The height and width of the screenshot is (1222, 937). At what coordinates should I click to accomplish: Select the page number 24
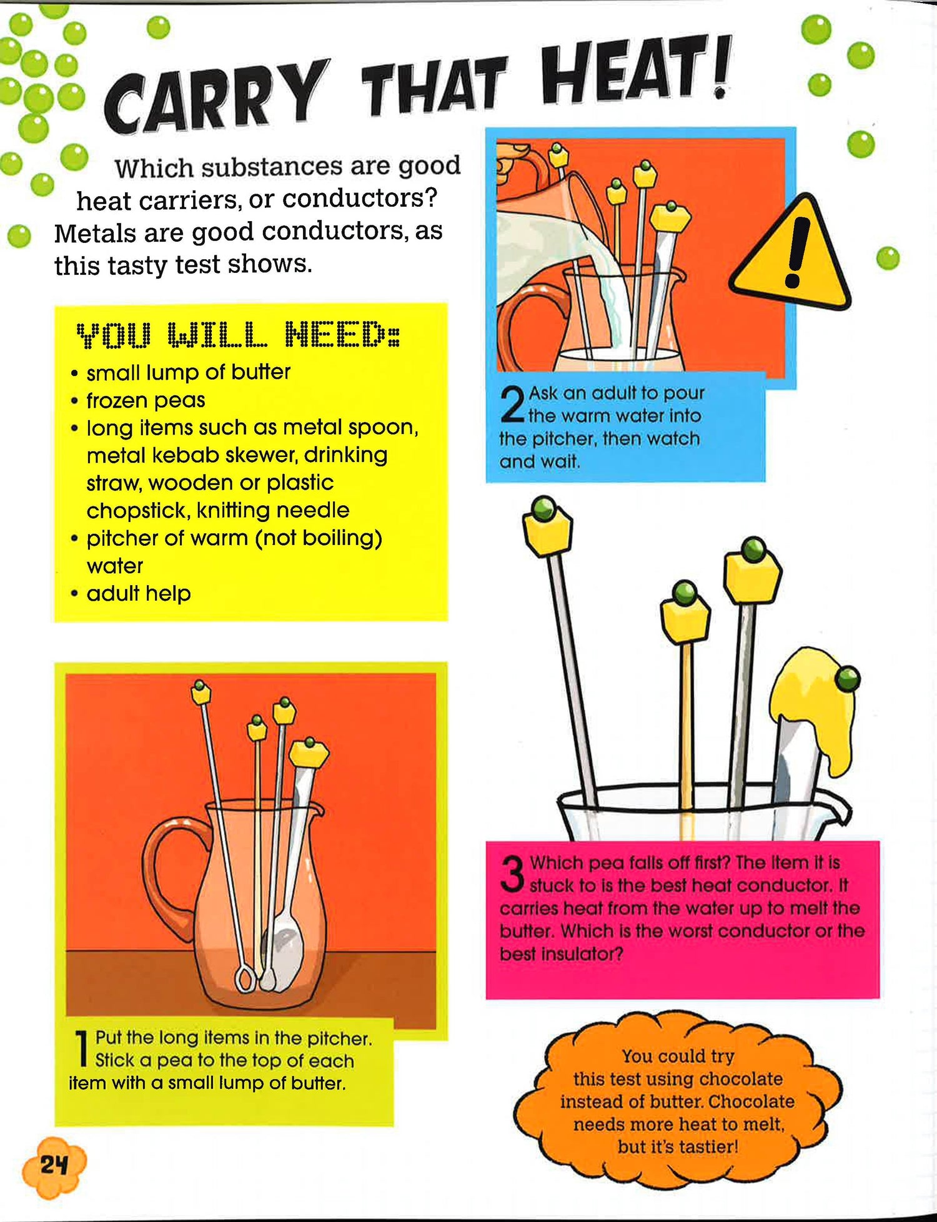(x=54, y=1165)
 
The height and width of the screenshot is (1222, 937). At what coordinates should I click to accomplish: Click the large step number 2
(x=512, y=405)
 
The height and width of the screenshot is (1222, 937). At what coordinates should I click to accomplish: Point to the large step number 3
(x=513, y=874)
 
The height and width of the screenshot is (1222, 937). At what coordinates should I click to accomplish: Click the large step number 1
(x=81, y=1049)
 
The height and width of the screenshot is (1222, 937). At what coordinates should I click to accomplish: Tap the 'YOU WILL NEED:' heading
(x=238, y=335)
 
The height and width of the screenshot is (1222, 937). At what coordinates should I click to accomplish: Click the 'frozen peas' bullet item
(x=146, y=400)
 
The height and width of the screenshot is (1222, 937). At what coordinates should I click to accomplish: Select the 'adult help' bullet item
(x=139, y=593)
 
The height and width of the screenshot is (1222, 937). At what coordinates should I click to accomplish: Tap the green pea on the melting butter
(x=847, y=678)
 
